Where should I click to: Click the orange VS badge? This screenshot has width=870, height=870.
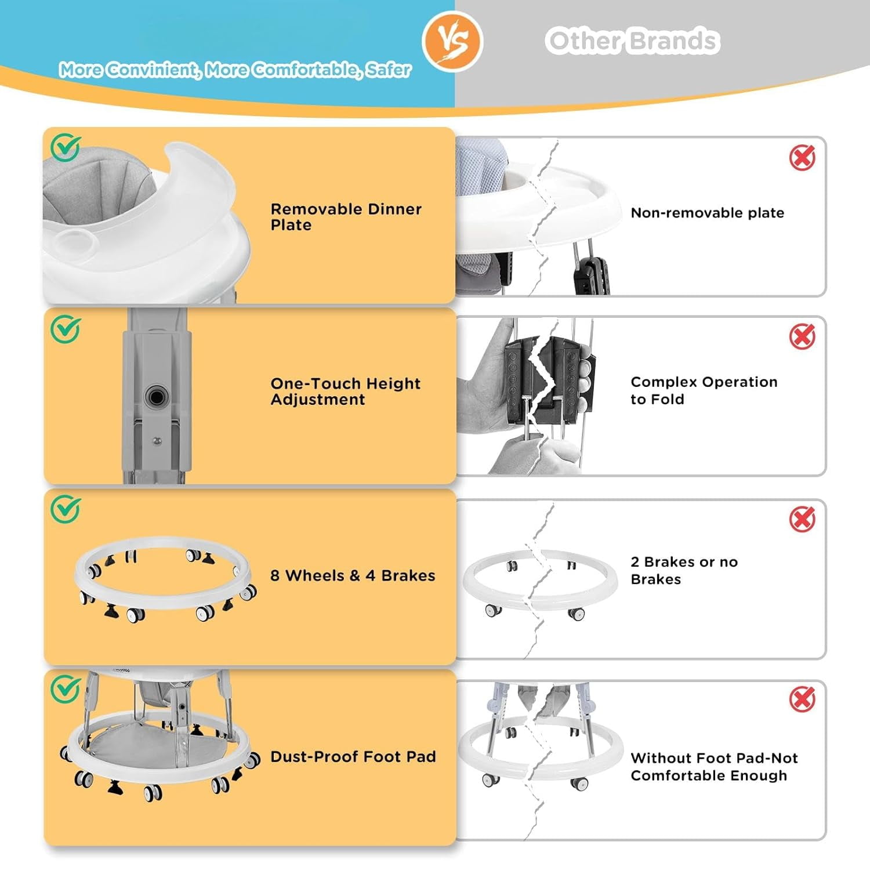[452, 41]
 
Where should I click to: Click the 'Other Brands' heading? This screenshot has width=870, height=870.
[632, 41]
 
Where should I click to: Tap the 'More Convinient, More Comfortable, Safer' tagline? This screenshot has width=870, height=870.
[235, 70]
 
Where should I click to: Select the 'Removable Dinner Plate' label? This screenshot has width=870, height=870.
[346, 217]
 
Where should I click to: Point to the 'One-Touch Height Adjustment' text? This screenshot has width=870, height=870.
[345, 391]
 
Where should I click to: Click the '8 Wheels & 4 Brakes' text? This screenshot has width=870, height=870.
[353, 575]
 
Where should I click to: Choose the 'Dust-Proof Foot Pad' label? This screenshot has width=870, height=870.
[353, 756]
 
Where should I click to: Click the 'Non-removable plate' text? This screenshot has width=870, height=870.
[707, 213]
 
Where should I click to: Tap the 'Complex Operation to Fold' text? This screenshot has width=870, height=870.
[704, 390]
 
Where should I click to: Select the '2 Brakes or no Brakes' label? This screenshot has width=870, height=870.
[684, 570]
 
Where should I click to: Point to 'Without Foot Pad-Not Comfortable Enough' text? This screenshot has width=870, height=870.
[714, 767]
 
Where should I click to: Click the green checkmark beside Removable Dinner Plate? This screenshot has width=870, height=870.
[65, 148]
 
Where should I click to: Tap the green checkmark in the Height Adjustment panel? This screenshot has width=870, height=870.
[65, 329]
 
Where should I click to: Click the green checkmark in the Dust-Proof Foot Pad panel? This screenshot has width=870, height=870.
[65, 690]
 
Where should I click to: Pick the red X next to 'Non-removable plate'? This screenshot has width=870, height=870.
[802, 157]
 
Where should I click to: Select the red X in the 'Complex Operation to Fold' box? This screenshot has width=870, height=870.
[802, 336]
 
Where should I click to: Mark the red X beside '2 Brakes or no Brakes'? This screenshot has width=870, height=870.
[802, 519]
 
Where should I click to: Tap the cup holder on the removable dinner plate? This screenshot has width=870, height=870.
[76, 238]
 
